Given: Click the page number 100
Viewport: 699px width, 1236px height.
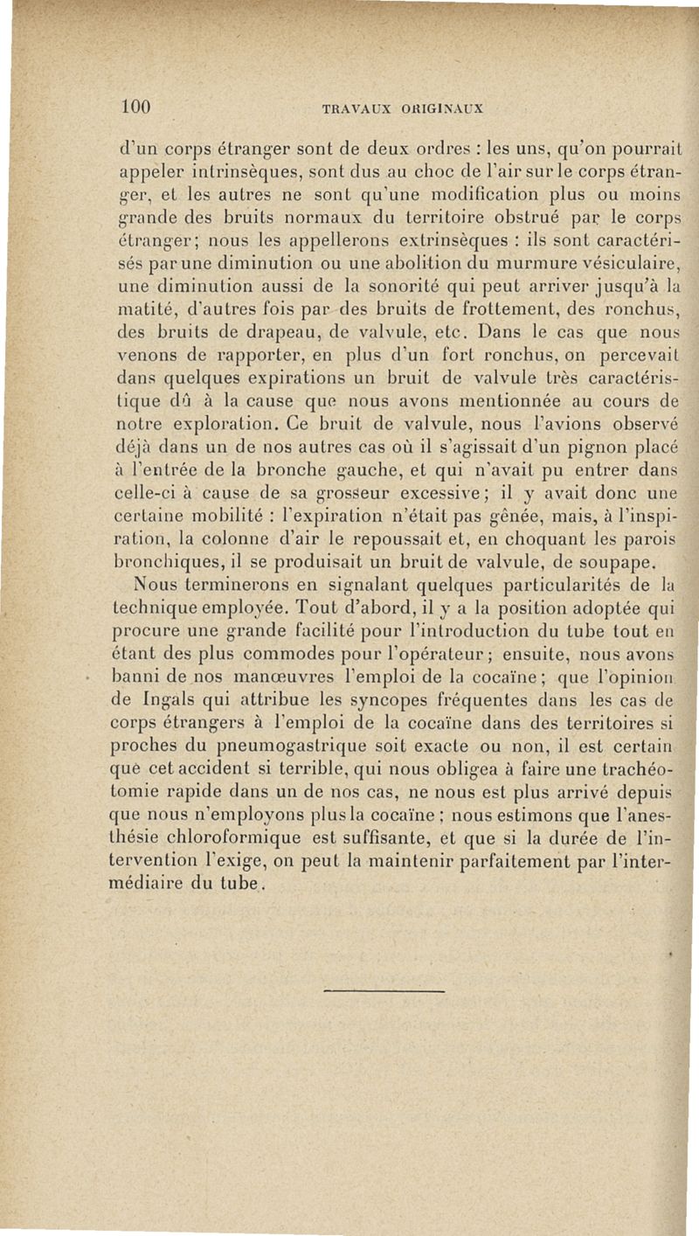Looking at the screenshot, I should point(137,108).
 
